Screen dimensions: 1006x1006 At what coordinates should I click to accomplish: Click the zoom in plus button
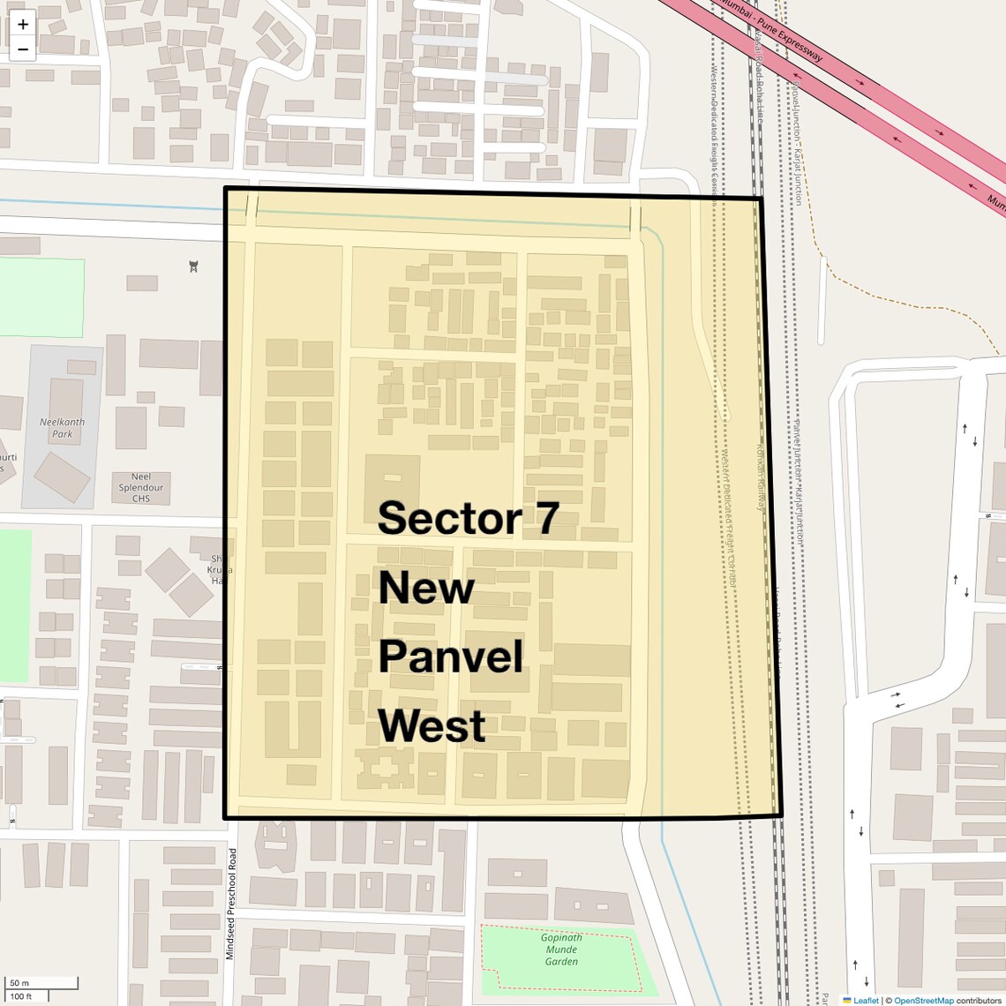(x=23, y=25)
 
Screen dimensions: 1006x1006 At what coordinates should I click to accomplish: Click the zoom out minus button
(x=23, y=49)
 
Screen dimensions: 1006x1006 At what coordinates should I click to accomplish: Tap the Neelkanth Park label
(x=62, y=428)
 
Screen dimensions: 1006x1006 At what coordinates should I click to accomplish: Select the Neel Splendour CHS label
(x=141, y=487)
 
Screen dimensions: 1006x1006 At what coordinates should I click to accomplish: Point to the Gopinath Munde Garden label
(x=561, y=950)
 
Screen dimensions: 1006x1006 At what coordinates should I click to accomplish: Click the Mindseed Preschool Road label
(x=231, y=904)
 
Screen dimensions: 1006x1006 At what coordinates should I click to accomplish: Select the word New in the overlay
(x=426, y=588)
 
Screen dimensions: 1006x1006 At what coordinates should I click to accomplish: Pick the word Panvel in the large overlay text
(x=451, y=657)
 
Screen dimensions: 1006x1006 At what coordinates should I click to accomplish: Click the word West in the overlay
(x=432, y=726)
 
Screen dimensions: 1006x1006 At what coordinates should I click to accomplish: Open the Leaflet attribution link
(x=866, y=1000)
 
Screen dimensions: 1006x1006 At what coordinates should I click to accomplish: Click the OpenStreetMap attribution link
(x=923, y=1000)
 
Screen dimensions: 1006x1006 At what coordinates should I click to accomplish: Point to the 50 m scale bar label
(x=19, y=983)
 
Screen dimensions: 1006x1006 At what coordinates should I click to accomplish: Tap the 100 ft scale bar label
(x=21, y=996)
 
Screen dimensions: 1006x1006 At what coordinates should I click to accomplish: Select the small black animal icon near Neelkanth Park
(x=193, y=267)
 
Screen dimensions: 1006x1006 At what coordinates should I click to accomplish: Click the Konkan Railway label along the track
(x=759, y=477)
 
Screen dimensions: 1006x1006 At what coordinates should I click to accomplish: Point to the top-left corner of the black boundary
(x=226, y=189)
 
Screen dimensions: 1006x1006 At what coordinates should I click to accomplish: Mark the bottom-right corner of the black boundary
(x=780, y=815)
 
